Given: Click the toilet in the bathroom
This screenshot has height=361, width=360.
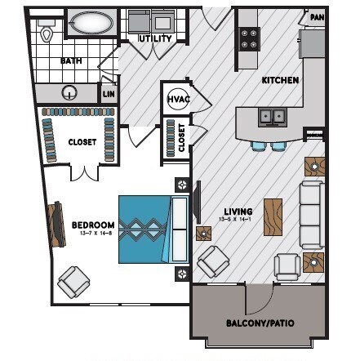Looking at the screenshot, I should click(x=47, y=33).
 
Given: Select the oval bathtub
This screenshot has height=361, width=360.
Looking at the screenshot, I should click(x=92, y=23).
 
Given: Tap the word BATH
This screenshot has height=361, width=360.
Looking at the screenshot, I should click(x=71, y=61).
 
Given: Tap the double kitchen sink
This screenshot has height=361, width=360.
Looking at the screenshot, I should click(x=272, y=118).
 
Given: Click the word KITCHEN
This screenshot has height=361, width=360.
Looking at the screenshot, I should click(x=279, y=81).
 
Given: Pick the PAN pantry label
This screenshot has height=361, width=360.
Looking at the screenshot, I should click(x=317, y=16).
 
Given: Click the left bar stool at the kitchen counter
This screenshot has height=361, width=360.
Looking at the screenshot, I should click(x=260, y=146).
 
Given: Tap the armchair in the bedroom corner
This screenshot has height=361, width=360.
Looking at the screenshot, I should click(x=74, y=282).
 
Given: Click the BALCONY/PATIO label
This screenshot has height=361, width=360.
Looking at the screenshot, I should click(x=259, y=323).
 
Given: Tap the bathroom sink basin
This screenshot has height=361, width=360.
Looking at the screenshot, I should click(x=71, y=92).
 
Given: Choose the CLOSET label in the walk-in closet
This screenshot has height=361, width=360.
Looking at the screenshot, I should click(x=82, y=142).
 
